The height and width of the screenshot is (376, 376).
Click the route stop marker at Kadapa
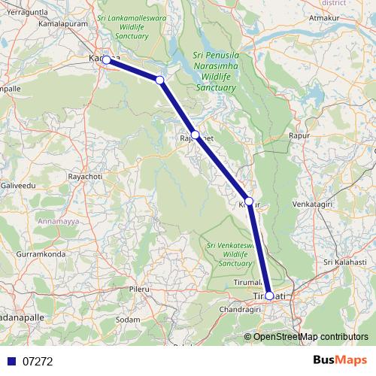coord(107,59)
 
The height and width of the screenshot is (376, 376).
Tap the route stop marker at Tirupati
coord(269,296)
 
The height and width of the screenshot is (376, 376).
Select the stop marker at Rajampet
coord(195,135)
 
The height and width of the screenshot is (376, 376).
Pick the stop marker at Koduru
coord(250,202)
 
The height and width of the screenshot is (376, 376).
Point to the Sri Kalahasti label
coord(344,262)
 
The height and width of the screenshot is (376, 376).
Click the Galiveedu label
coord(18,184)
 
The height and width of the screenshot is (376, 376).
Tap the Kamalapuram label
coord(51,24)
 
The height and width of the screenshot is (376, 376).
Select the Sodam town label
coord(129,320)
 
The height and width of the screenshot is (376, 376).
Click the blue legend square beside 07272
coord(11,361)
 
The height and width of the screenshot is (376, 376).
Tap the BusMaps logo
coord(339,361)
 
